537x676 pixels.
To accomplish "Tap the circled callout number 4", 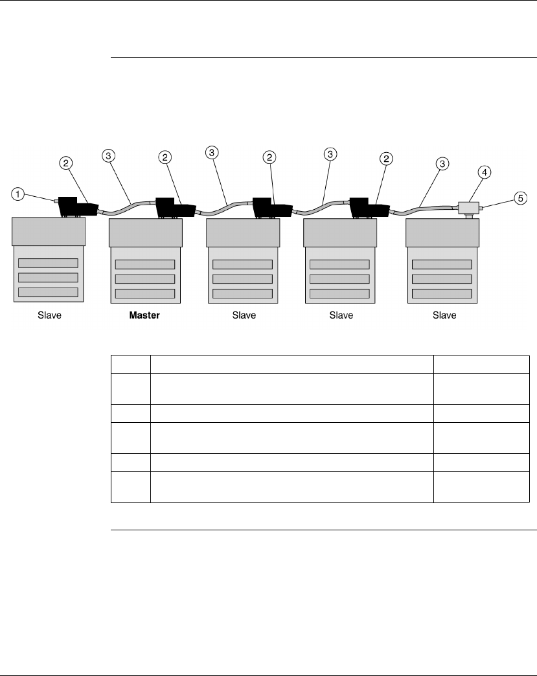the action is [x=485, y=172].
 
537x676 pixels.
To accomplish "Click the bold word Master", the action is [x=144, y=315].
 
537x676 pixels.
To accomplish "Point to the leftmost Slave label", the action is [x=49, y=315].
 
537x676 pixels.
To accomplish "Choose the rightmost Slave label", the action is [x=444, y=315].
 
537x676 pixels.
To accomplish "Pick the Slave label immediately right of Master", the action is [x=244, y=315].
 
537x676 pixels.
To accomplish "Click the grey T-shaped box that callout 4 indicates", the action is [x=467, y=208].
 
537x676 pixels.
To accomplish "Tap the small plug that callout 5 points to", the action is [x=483, y=208].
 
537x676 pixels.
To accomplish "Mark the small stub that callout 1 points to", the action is [x=56, y=202].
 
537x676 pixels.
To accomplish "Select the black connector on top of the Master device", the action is [x=176, y=207].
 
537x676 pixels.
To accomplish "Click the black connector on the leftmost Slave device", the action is [x=78, y=207].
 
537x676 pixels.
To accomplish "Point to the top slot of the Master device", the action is [x=145, y=264].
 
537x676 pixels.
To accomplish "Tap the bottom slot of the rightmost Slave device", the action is [x=442, y=293].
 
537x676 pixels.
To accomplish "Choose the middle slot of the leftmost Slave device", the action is [x=48, y=278].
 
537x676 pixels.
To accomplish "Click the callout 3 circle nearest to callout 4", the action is [x=443, y=164].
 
